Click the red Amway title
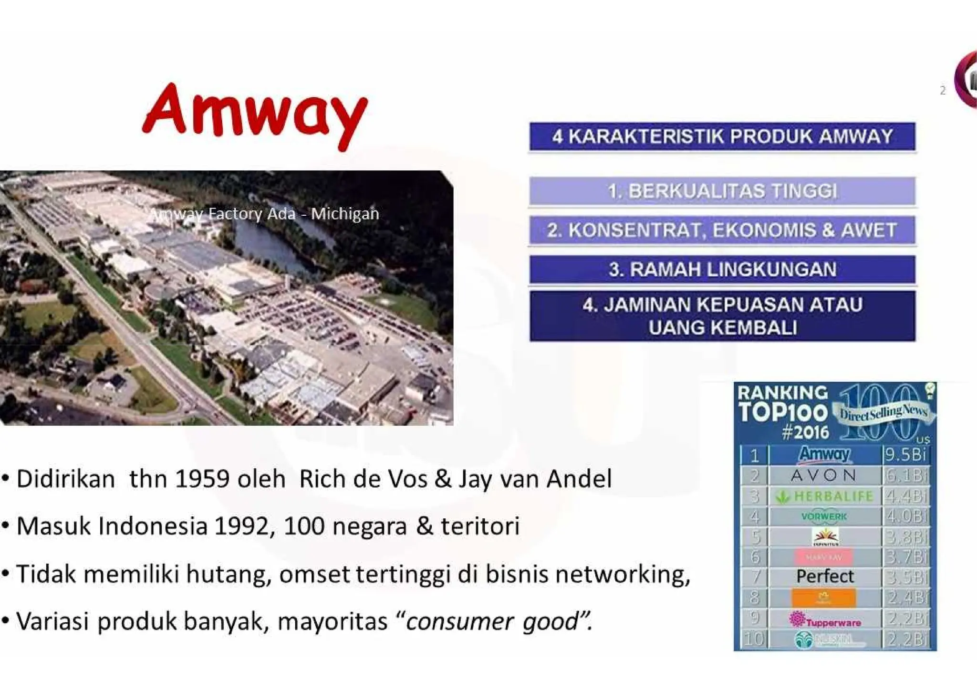point(255,112)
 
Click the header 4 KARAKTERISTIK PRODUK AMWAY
point(722,136)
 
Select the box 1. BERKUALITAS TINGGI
point(722,191)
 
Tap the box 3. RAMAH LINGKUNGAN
point(722,269)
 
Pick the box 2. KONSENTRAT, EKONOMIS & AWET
point(722,230)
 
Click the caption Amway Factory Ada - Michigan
point(265,213)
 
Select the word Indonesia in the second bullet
point(153,526)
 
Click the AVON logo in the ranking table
point(823,475)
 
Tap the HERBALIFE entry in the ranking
point(824,496)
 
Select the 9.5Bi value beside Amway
point(905,454)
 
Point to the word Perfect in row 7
point(825,576)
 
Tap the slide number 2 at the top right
point(943,90)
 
